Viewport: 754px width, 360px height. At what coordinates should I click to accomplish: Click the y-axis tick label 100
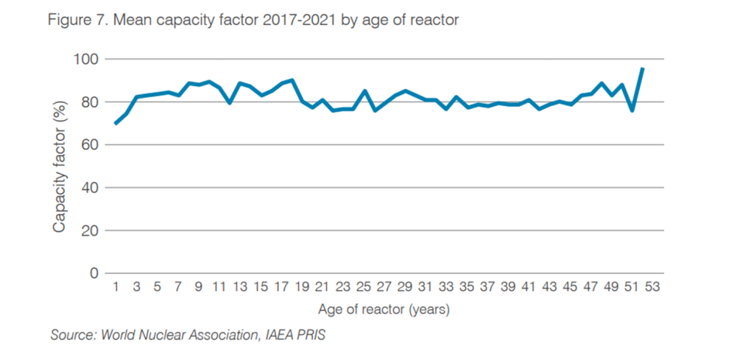pyautogui.click(x=88, y=59)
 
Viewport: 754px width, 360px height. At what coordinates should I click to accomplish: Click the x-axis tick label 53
pyautogui.click(x=652, y=286)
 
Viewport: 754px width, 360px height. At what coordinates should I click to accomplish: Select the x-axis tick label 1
pyautogui.click(x=116, y=286)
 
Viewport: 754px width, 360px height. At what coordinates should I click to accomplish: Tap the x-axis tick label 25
pyautogui.click(x=363, y=286)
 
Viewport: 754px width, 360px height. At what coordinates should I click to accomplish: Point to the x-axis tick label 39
pyautogui.click(x=507, y=286)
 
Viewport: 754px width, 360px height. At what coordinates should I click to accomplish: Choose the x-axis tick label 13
pyautogui.click(x=239, y=286)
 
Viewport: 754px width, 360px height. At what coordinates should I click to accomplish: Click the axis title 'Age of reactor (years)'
pyautogui.click(x=383, y=309)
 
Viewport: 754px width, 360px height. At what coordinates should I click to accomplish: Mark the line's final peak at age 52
pyautogui.click(x=643, y=68)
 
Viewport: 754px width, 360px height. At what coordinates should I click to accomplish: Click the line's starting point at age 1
pyautogui.click(x=116, y=123)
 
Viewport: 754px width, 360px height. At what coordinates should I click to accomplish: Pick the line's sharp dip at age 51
pyautogui.click(x=633, y=110)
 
